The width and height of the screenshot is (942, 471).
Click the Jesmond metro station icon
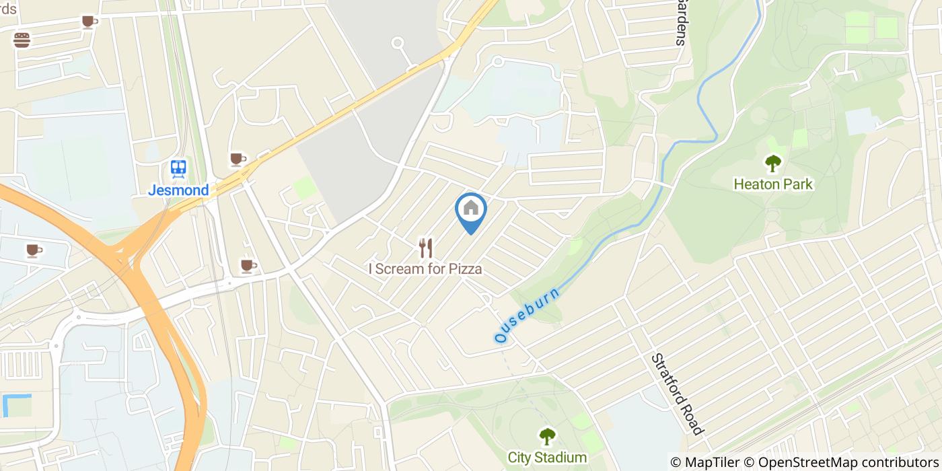click(x=178, y=168)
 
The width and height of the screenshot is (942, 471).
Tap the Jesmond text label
click(x=178, y=190)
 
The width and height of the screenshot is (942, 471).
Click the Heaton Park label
click(x=773, y=184)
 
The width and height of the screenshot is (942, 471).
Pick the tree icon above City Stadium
click(x=546, y=437)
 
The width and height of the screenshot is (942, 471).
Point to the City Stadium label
click(x=547, y=458)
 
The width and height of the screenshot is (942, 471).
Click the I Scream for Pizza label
click(x=425, y=268)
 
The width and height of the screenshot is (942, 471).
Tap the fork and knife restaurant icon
click(x=425, y=248)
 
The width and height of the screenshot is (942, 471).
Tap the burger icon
click(x=22, y=40)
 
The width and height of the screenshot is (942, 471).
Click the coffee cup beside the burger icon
click(x=89, y=22)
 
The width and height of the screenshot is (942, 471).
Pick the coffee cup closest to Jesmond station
click(x=236, y=159)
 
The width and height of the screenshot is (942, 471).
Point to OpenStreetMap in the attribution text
click(x=801, y=462)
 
